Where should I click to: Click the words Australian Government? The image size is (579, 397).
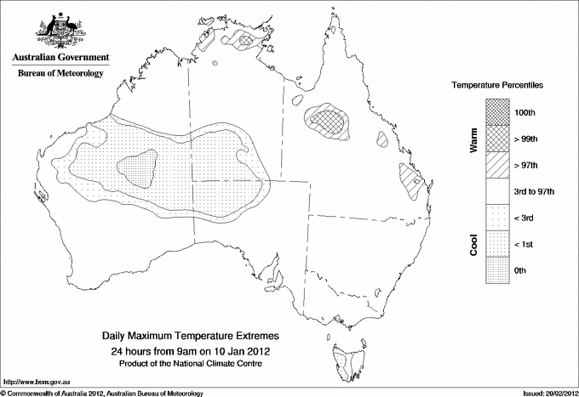(x=60, y=58)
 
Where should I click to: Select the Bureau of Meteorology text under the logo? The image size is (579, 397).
(x=60, y=74)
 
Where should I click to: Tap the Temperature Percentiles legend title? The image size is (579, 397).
(x=497, y=86)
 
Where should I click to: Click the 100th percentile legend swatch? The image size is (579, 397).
(x=499, y=112)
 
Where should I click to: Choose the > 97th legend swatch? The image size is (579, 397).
(x=499, y=165)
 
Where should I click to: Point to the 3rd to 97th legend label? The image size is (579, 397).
(x=537, y=191)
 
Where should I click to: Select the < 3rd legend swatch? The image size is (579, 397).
(x=499, y=218)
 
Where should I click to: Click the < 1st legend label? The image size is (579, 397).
(x=528, y=244)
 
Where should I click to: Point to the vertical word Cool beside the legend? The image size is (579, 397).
(x=474, y=244)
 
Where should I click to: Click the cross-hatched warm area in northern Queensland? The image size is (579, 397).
(x=326, y=120)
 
